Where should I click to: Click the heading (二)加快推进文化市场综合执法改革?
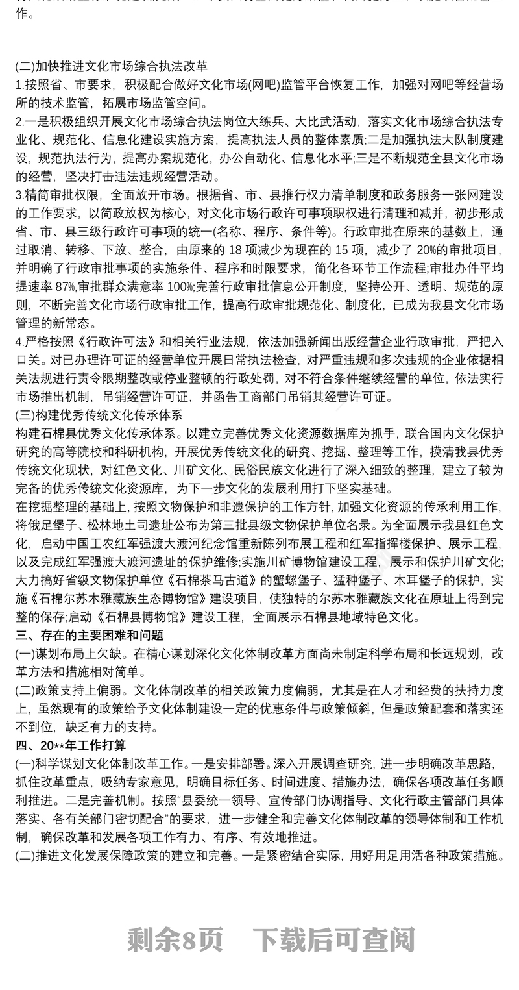[112, 66]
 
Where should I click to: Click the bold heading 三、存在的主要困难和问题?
[89, 635]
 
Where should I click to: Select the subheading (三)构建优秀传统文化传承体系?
[99, 414]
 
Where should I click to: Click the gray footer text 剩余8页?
[175, 939]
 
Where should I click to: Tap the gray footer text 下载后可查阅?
[333, 939]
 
